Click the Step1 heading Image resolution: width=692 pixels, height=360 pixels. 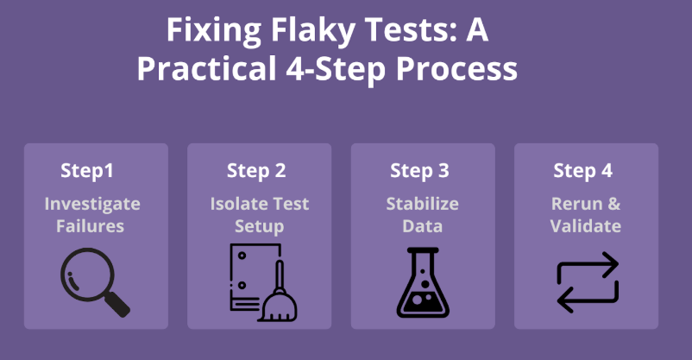(x=87, y=171)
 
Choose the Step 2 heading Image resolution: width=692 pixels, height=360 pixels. (x=256, y=171)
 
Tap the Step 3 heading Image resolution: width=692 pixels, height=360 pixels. (x=419, y=171)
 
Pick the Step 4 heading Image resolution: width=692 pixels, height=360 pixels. (x=583, y=171)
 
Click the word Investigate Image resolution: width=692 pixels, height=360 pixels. (x=92, y=205)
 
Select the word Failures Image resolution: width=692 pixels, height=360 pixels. (x=91, y=226)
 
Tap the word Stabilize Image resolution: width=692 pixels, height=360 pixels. (x=422, y=205)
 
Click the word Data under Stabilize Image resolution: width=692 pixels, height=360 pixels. (x=423, y=226)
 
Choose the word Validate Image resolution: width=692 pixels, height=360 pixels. (x=587, y=226)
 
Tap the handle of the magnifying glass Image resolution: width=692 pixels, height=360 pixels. (x=116, y=304)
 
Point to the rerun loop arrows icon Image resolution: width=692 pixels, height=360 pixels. (x=588, y=281)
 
